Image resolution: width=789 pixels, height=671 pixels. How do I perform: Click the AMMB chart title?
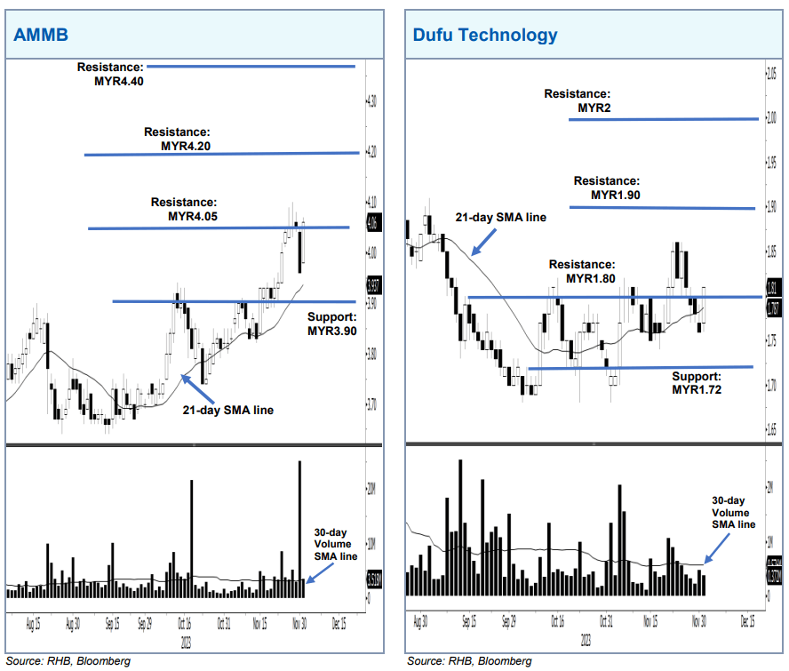40,35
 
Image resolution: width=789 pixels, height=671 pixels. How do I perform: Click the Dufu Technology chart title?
485,35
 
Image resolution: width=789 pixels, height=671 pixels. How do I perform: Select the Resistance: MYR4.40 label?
109,74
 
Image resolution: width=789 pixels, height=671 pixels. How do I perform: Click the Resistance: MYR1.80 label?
582,271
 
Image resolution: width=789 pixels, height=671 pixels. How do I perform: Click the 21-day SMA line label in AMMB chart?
227,411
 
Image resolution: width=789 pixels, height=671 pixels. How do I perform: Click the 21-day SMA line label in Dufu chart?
500,217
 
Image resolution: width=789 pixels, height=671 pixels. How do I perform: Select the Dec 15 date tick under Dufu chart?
747,622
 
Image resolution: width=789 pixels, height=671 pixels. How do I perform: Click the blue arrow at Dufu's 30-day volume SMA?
716,554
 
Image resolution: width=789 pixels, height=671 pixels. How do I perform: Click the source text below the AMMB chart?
68,660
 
